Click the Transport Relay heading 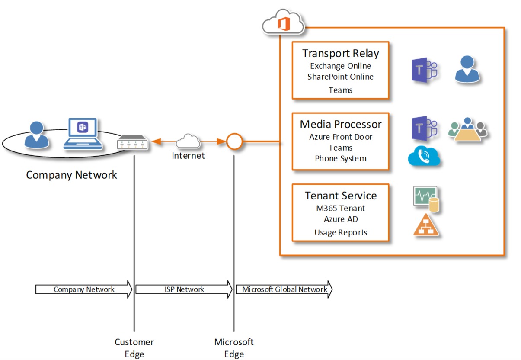pos(341,54)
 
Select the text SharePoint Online pos(341,77)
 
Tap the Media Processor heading pos(341,124)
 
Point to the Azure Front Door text pos(341,137)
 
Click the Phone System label pos(341,159)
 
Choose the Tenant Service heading pos(341,196)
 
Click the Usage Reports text pos(341,232)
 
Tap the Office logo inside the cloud pos(284,24)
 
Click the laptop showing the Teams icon pos(83,134)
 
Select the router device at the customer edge pos(132,142)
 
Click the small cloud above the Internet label pos(188,141)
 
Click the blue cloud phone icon pos(424,156)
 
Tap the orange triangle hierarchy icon pos(426,225)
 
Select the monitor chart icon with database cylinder pos(426,199)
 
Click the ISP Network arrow pos(184,289)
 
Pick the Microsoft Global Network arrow pos(284,289)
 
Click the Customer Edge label pos(134,348)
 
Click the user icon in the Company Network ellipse pos(36,135)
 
